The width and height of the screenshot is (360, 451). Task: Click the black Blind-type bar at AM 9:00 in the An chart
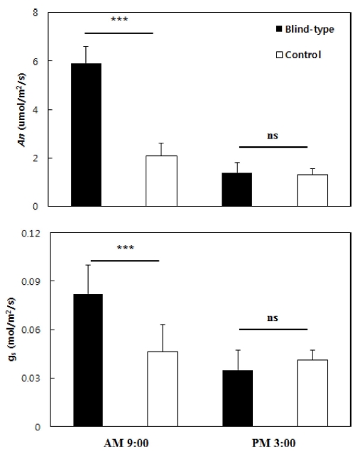coord(86,135)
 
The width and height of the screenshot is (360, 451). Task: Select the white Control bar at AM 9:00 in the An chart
coord(161,181)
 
